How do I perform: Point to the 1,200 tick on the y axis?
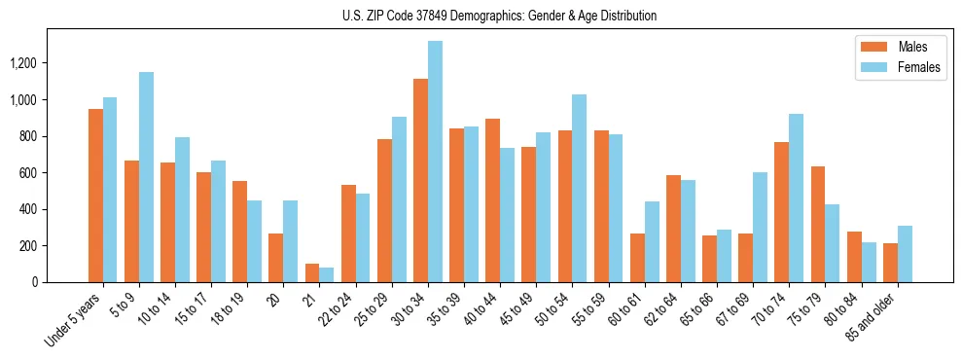click(x=23, y=63)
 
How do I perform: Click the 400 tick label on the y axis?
click(x=28, y=209)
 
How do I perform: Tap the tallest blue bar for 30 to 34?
click(x=435, y=162)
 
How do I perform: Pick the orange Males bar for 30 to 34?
click(x=420, y=181)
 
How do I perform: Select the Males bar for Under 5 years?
click(x=95, y=196)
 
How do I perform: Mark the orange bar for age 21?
click(x=312, y=273)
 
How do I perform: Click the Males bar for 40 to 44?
click(x=492, y=200)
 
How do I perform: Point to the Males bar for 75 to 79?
click(x=818, y=225)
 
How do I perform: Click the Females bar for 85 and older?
click(x=905, y=254)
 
